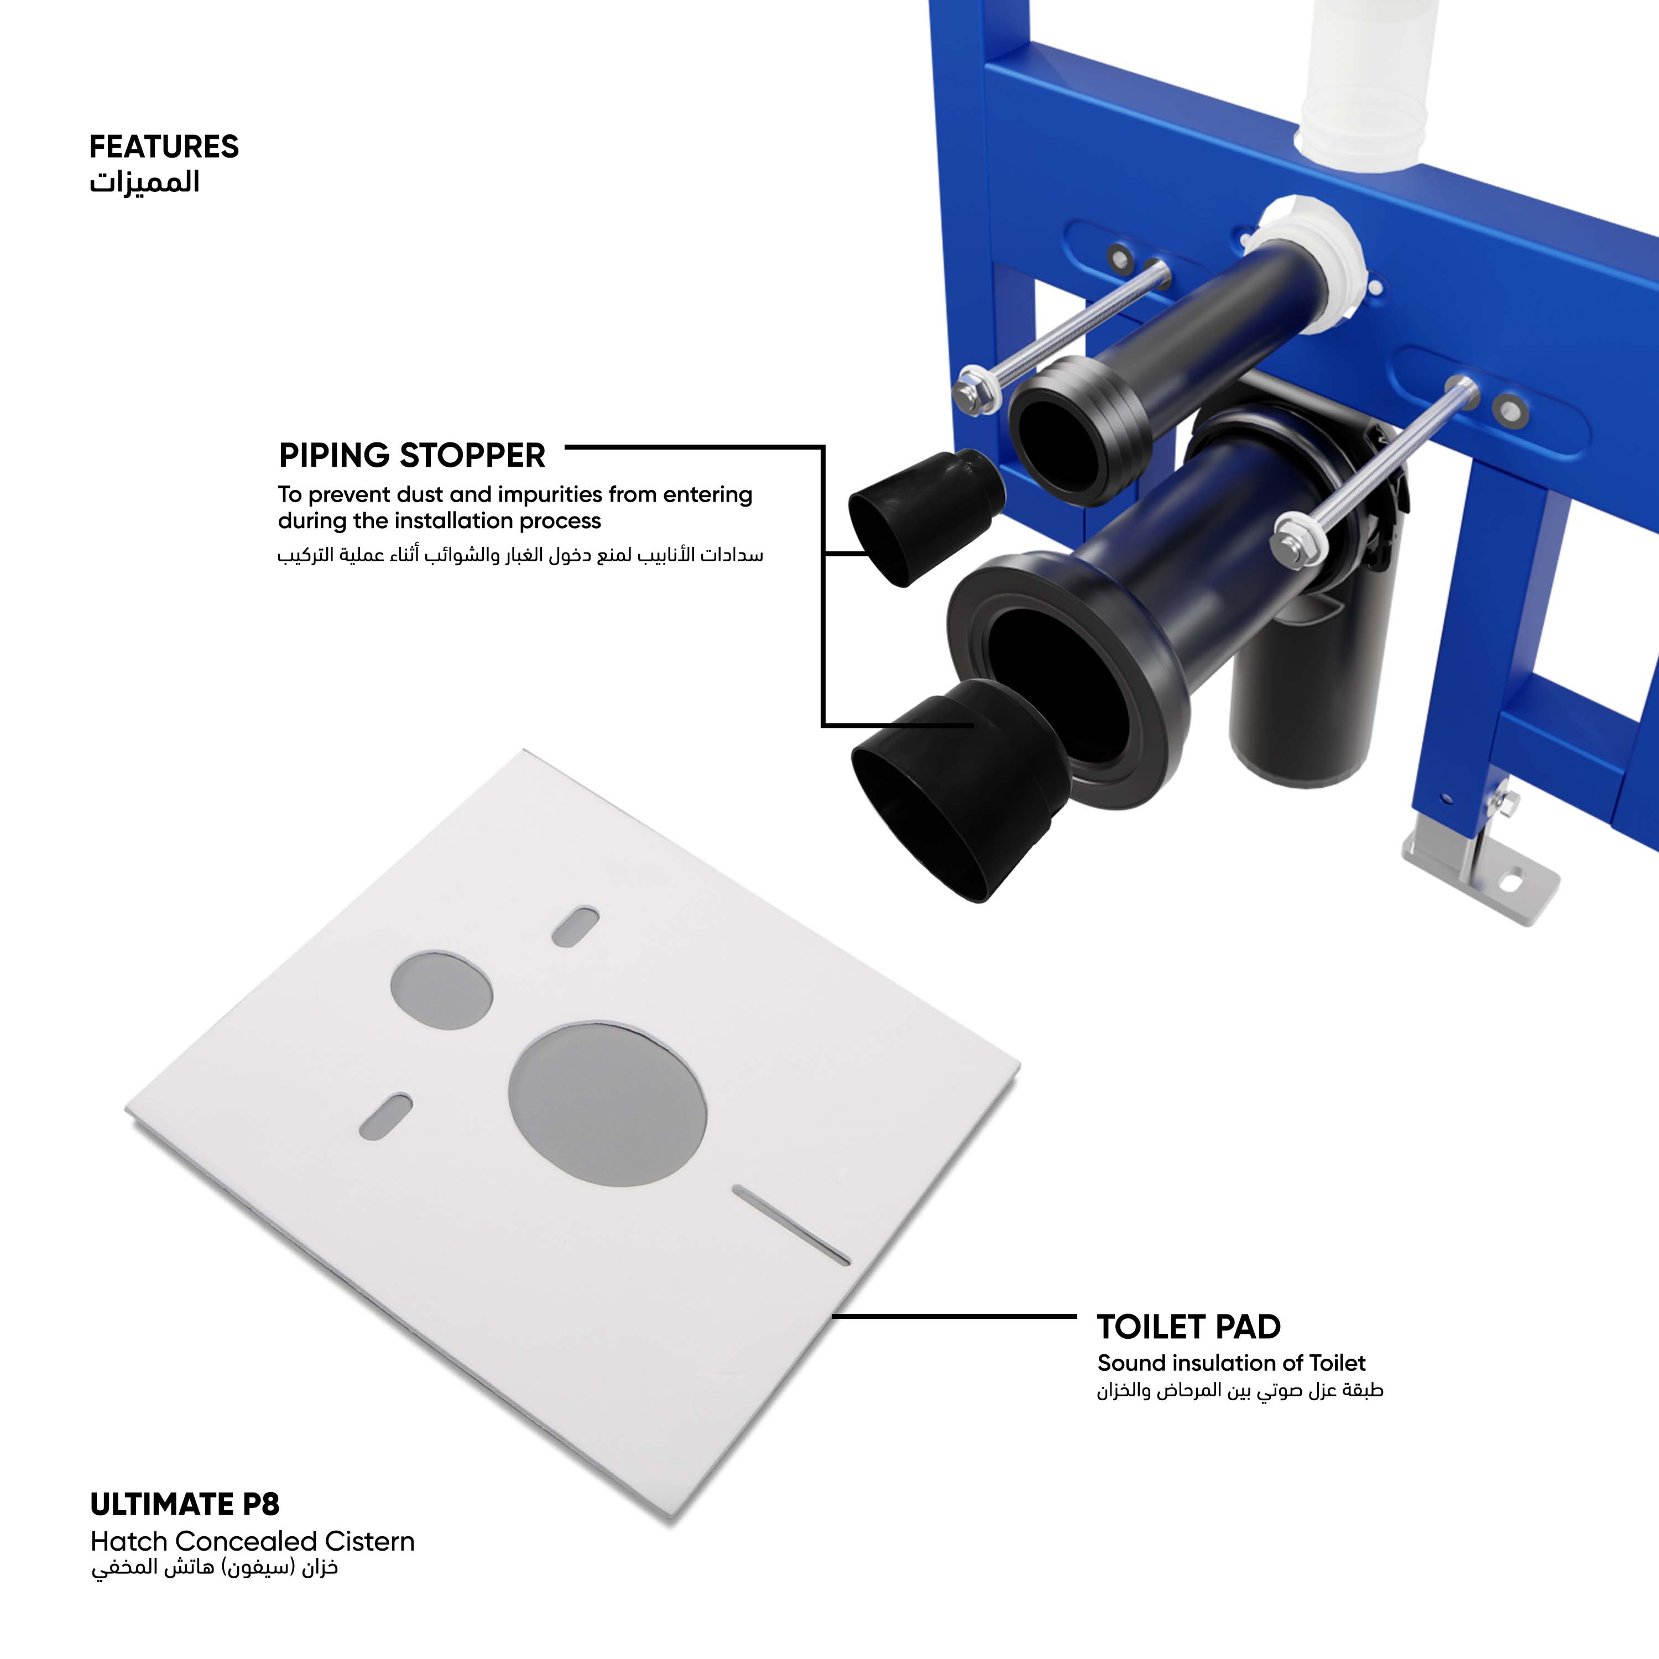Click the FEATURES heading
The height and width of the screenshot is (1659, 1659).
point(164,147)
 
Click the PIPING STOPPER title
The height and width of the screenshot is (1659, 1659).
point(412,455)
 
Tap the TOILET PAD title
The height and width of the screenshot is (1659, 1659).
point(1188,1327)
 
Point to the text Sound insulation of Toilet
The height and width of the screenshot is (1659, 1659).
point(1230,1363)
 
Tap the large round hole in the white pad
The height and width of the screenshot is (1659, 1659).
point(607,1103)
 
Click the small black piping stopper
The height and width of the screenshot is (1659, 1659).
point(926,517)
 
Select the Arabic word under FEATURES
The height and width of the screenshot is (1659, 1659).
point(144,182)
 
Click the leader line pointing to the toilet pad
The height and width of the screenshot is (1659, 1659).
point(954,1316)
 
